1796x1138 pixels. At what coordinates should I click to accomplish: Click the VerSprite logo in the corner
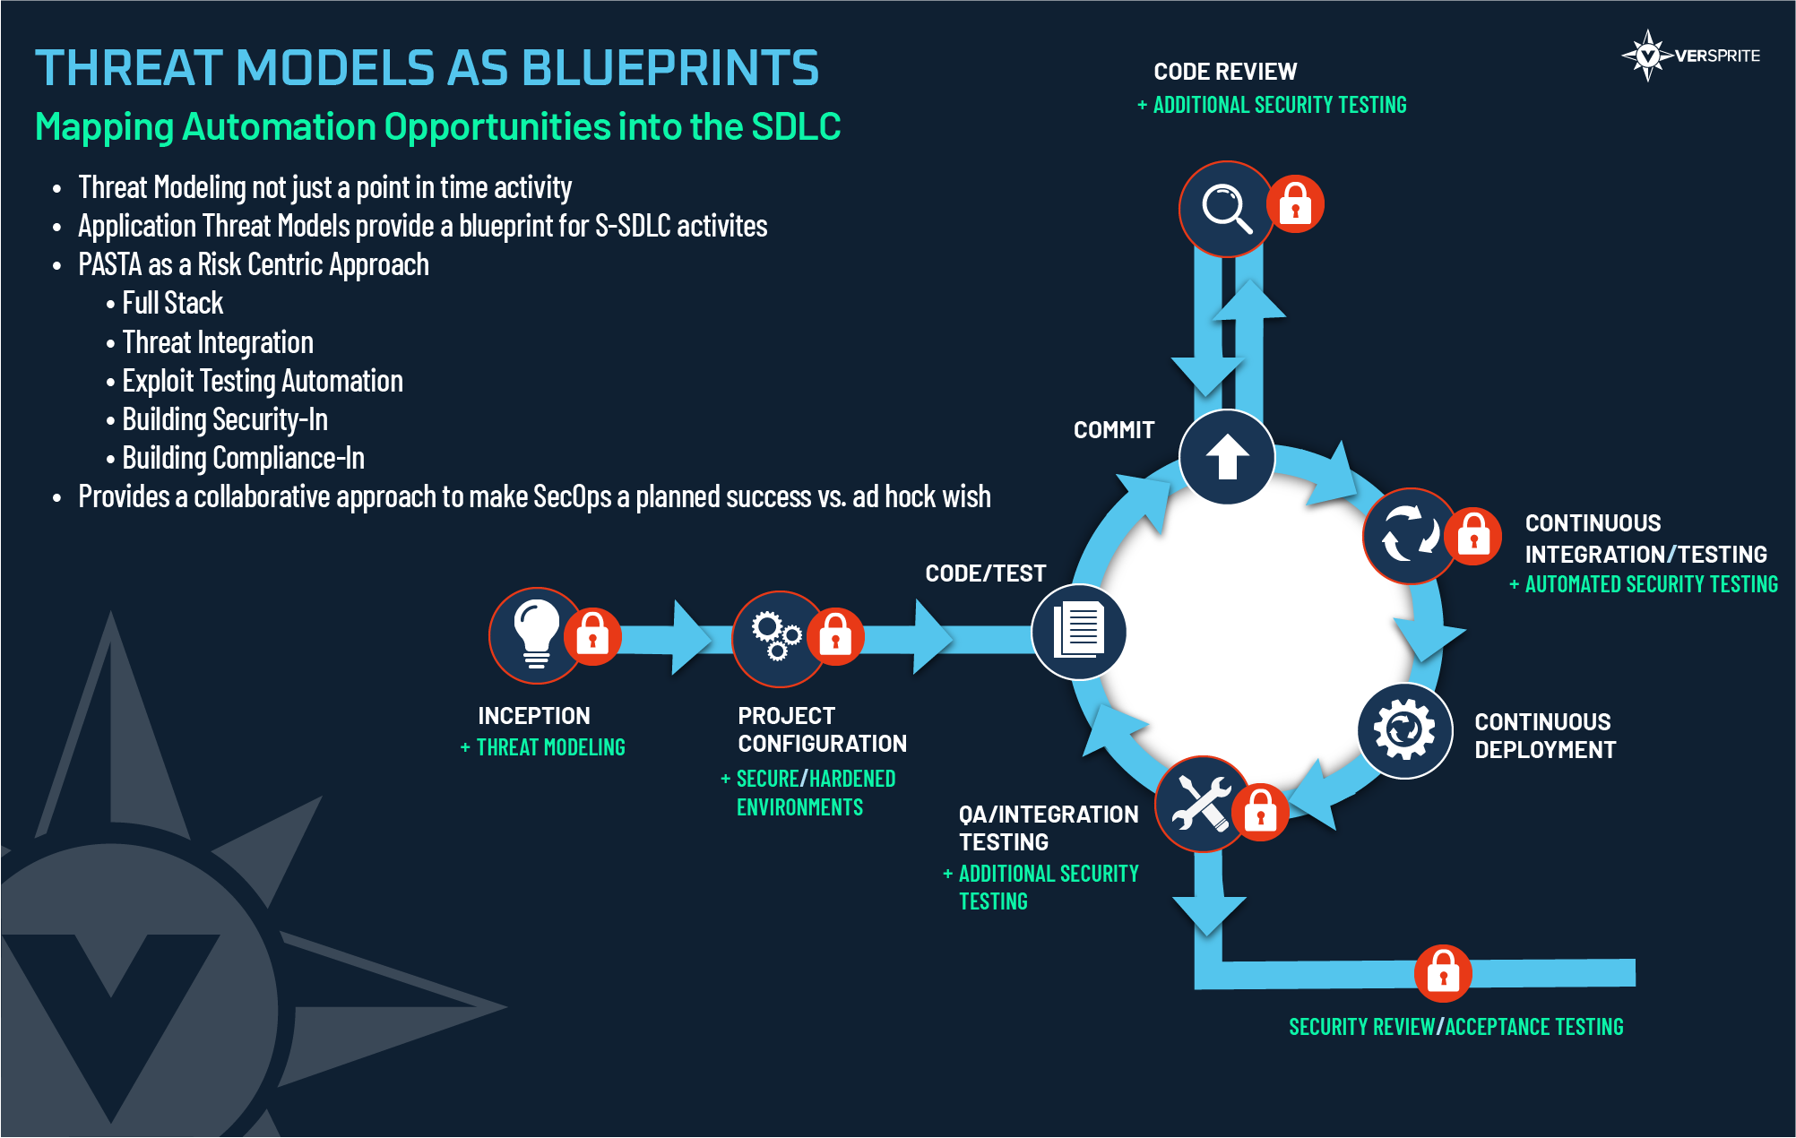point(1691,56)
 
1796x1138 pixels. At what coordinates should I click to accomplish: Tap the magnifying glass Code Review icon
point(1226,209)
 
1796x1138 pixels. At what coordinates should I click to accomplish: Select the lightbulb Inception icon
point(536,635)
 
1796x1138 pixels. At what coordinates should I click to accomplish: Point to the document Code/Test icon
point(1079,632)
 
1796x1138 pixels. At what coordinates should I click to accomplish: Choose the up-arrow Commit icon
point(1227,457)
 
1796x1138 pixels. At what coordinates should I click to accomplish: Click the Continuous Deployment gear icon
point(1404,730)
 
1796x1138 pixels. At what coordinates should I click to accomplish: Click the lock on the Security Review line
point(1443,973)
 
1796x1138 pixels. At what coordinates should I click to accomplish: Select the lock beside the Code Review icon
point(1295,203)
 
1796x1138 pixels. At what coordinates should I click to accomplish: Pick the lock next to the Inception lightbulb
point(592,636)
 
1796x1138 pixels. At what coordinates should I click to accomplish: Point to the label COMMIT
point(1114,430)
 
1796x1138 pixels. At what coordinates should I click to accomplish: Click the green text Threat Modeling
point(550,747)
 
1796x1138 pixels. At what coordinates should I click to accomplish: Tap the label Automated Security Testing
point(1651,584)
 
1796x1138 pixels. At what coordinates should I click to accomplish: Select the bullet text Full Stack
point(172,303)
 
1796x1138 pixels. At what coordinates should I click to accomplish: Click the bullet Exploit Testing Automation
point(263,381)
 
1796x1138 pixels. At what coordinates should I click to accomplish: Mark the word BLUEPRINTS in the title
point(669,67)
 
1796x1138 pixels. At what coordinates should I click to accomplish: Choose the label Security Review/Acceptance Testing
point(1456,1027)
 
